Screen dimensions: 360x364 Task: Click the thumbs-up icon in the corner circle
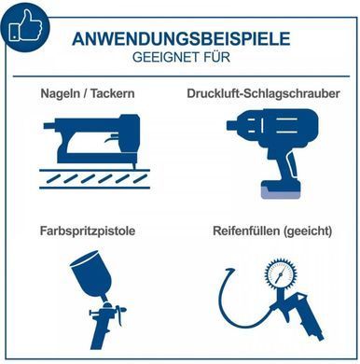pyautogui.click(x=26, y=26)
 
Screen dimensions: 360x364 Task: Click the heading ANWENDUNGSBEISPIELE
pyautogui.click(x=181, y=39)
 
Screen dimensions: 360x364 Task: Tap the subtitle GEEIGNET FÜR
pyautogui.click(x=181, y=58)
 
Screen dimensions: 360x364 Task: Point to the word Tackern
pyautogui.click(x=113, y=93)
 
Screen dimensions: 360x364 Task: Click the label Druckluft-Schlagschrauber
pyautogui.click(x=263, y=93)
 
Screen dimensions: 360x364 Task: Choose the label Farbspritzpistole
pyautogui.click(x=88, y=231)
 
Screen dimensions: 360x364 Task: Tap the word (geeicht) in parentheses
pyautogui.click(x=307, y=231)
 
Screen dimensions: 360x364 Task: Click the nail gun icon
pyautogui.click(x=94, y=151)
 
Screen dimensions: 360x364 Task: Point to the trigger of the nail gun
pyautogui.click(x=110, y=139)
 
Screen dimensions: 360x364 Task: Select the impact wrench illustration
pyautogui.click(x=273, y=153)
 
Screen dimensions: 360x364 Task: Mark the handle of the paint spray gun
pyautogui.click(x=101, y=333)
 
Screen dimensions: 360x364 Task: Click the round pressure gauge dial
pyautogui.click(x=281, y=273)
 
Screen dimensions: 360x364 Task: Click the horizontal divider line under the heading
pyautogui.click(x=181, y=77)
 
